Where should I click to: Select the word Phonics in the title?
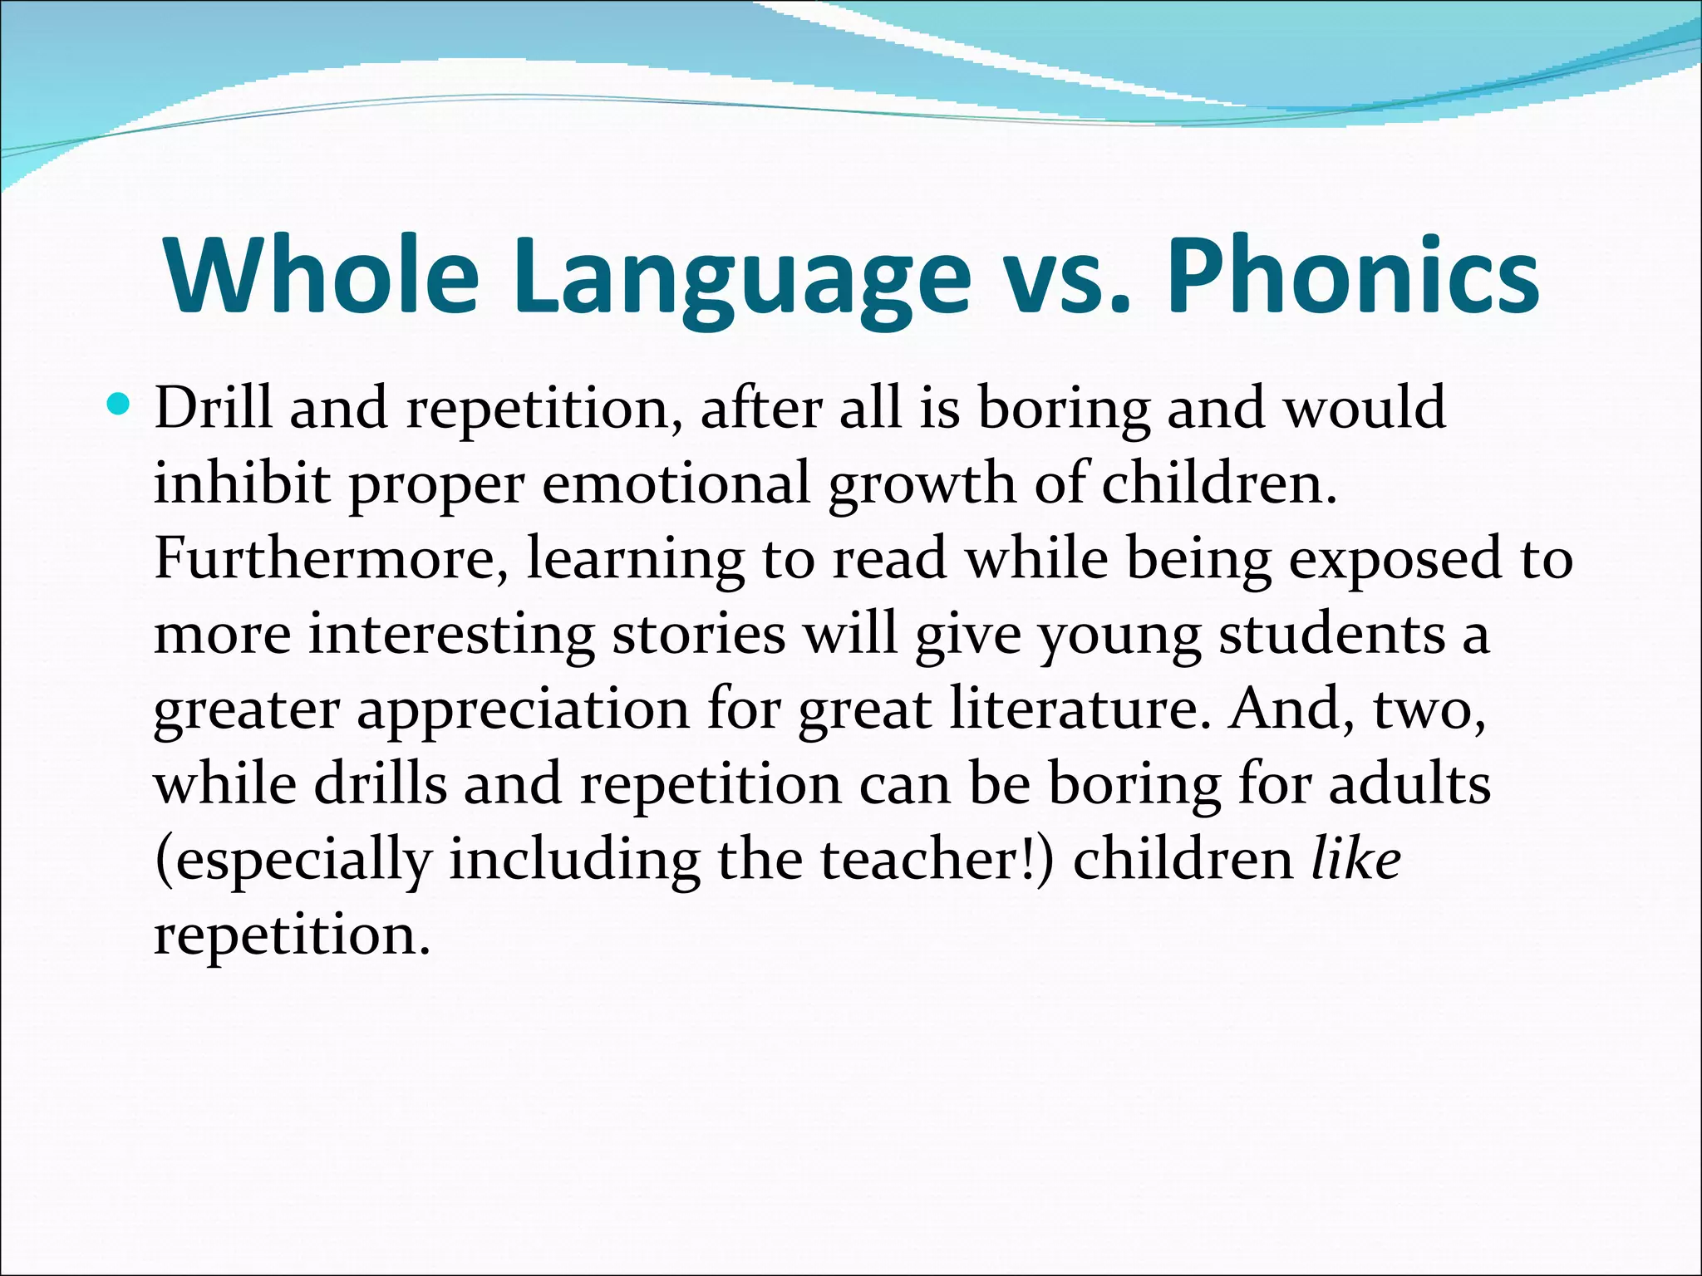[1353, 275]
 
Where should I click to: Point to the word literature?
[1080, 708]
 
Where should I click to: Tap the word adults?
[1409, 783]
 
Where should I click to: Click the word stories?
[698, 633]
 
